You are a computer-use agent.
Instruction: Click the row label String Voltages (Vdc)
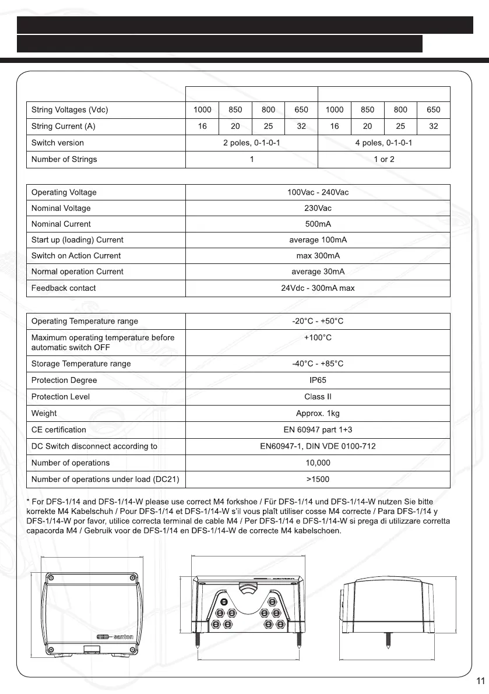click(70, 110)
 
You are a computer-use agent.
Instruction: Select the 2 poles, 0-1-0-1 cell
click(251, 143)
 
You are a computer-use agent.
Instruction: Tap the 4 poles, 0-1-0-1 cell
click(384, 143)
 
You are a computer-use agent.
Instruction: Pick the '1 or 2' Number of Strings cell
click(384, 159)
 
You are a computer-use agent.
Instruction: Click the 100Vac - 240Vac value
click(318, 192)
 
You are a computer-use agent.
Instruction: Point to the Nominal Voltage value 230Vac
click(318, 208)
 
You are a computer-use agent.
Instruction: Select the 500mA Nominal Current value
click(318, 224)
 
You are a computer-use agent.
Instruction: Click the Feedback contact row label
click(64, 288)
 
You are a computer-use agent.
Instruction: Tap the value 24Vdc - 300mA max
click(318, 288)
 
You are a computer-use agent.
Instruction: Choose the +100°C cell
click(318, 337)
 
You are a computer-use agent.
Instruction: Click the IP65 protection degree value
click(318, 380)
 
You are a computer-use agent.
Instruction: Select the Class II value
click(318, 396)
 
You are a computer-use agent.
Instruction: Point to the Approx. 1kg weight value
click(318, 413)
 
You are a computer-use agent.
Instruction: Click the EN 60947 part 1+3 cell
click(318, 429)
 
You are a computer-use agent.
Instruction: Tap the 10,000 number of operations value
click(318, 463)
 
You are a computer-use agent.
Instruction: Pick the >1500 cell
click(318, 479)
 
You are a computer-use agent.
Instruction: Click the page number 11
click(481, 681)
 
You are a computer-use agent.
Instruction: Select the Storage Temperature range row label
click(81, 364)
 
